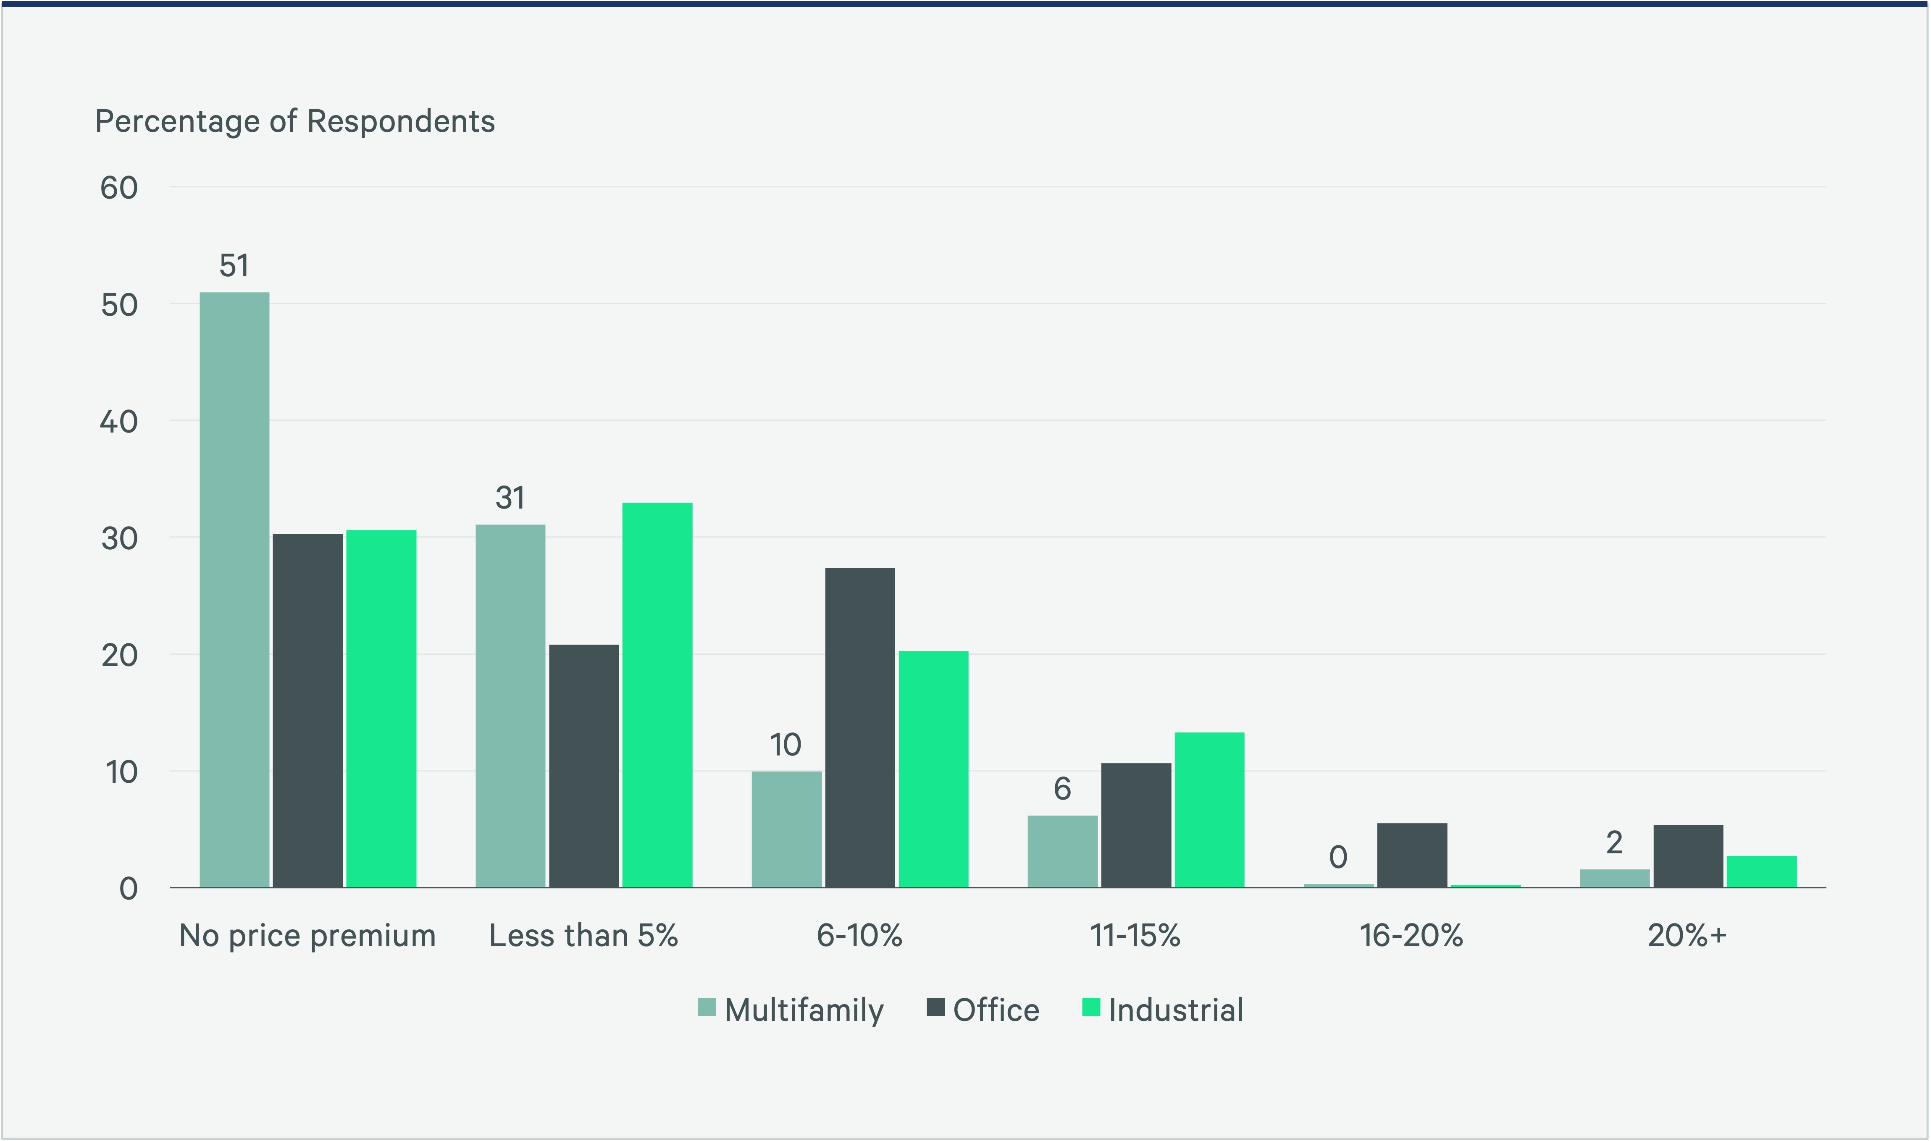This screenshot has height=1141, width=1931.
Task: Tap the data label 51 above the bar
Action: coord(234,266)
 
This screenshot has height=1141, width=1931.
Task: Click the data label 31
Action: coord(510,498)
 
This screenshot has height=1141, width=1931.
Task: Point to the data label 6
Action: coord(1062,789)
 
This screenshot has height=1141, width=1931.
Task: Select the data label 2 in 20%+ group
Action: coord(1614,843)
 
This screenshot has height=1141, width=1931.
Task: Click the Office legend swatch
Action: coord(935,1007)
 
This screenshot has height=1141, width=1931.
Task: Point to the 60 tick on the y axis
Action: coord(119,188)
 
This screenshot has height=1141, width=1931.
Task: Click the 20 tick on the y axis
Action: coord(119,655)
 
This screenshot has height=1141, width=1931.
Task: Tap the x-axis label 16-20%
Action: coord(1411,936)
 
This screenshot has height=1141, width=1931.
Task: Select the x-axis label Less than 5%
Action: coord(584,936)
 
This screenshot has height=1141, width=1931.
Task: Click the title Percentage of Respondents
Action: coord(294,121)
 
